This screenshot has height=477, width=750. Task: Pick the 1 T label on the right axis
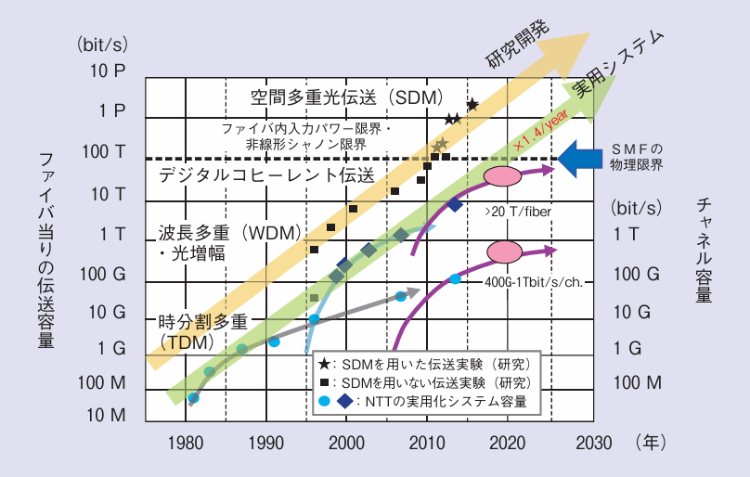627,234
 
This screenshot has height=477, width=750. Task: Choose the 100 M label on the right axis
636,381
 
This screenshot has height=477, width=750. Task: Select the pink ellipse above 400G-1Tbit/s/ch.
506,251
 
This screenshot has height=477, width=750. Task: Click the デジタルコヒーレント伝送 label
266,174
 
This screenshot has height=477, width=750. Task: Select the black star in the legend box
324,364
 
